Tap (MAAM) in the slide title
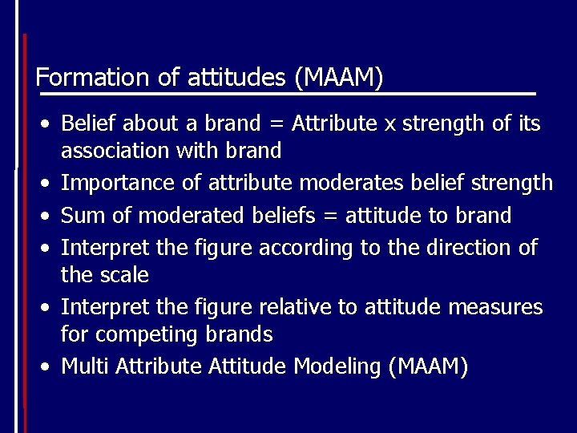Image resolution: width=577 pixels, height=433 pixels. [x=338, y=78]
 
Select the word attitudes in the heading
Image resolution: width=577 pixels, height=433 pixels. [x=236, y=78]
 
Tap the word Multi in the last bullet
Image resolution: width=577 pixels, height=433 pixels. [x=87, y=366]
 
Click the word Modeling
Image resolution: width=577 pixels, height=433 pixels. [x=337, y=366]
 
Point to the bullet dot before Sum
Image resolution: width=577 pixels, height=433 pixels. [x=47, y=216]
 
